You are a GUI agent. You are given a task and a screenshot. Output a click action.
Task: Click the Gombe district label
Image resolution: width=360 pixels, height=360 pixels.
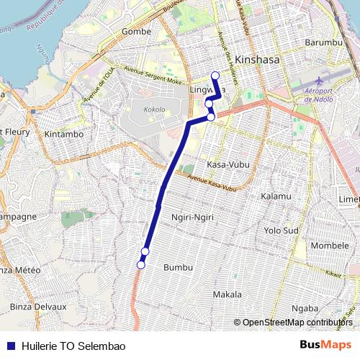pyautogui.click(x=137, y=32)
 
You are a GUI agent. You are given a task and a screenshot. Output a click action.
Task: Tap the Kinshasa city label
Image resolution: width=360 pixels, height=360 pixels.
pyautogui.click(x=257, y=60)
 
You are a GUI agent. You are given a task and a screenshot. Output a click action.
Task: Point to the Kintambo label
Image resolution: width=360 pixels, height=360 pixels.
pyautogui.click(x=64, y=134)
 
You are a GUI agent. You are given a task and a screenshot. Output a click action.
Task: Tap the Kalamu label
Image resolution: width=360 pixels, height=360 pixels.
pyautogui.click(x=276, y=196)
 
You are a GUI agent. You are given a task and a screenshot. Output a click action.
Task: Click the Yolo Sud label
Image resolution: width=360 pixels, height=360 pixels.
pyautogui.click(x=281, y=230)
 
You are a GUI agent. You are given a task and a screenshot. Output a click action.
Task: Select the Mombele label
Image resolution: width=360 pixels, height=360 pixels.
pyautogui.click(x=329, y=246)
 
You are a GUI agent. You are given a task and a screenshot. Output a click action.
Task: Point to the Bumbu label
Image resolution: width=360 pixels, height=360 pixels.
pyautogui.click(x=179, y=267)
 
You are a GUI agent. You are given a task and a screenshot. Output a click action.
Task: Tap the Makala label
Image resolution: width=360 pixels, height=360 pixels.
pyautogui.click(x=228, y=294)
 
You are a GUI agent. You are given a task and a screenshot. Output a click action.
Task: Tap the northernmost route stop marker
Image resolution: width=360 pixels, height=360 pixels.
pyautogui.click(x=215, y=75)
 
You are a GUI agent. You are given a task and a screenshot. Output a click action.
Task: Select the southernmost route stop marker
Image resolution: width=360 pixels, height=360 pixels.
pyautogui.click(x=140, y=265)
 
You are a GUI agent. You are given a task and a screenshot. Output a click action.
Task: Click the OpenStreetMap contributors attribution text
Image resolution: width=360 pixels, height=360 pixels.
pyautogui.click(x=297, y=323)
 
